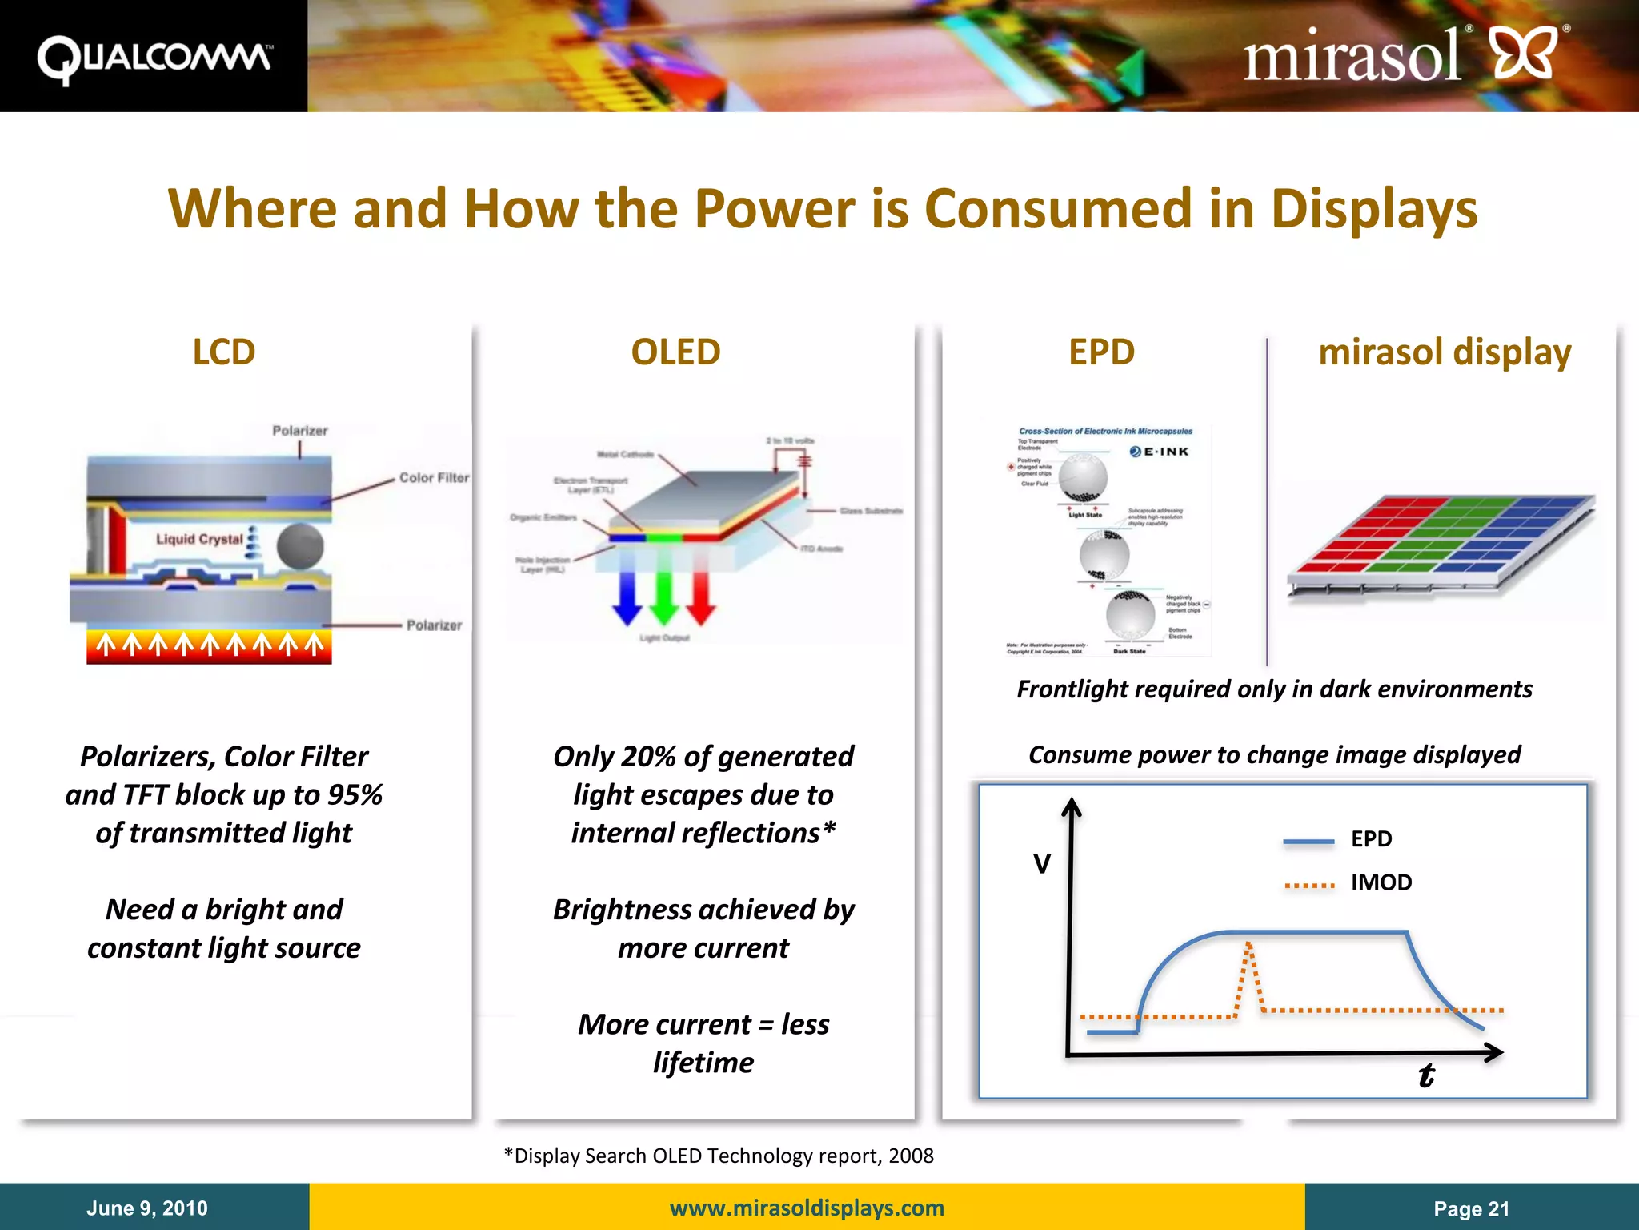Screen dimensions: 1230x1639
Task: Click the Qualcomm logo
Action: click(x=154, y=58)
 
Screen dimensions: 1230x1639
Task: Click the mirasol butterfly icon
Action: click(x=1525, y=54)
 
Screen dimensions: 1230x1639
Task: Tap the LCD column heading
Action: click(x=224, y=352)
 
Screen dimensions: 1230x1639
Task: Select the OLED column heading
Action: click(x=675, y=352)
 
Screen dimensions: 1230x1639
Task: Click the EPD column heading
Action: click(x=1101, y=352)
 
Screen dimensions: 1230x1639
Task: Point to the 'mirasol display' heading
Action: click(x=1445, y=352)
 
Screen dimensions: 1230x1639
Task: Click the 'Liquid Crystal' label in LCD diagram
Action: click(x=198, y=539)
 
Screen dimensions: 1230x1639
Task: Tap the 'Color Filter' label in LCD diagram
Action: click(x=434, y=478)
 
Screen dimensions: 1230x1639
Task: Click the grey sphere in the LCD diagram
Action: click(x=300, y=547)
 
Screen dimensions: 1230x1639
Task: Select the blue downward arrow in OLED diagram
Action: click(x=627, y=597)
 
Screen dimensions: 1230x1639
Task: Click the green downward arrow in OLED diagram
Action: click(x=664, y=597)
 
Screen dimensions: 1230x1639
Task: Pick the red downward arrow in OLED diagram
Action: click(x=701, y=597)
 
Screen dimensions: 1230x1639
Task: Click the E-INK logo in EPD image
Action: click(x=1160, y=452)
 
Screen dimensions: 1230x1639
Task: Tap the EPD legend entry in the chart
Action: click(x=1370, y=838)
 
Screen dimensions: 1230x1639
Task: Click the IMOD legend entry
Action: click(x=1381, y=882)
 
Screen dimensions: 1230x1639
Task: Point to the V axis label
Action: click(x=1042, y=864)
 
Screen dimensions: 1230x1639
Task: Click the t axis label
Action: click(x=1426, y=1075)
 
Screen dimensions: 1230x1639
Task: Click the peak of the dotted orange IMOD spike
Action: click(x=1248, y=946)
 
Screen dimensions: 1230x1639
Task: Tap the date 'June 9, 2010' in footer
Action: click(x=147, y=1208)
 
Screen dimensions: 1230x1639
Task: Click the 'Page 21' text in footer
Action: click(x=1471, y=1208)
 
